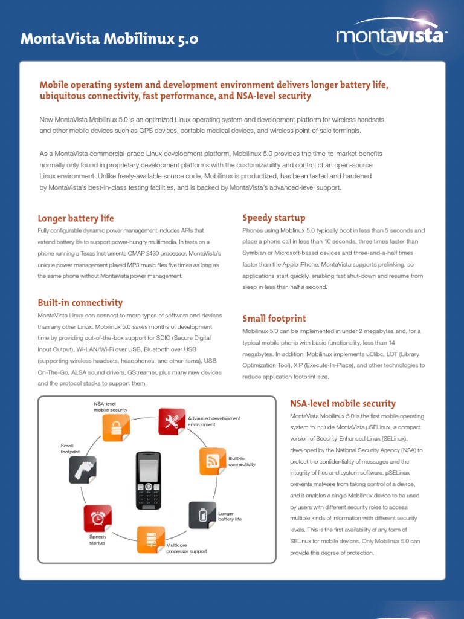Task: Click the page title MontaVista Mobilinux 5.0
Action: (x=109, y=40)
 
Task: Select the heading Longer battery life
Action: (x=76, y=218)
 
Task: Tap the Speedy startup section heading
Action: (x=274, y=218)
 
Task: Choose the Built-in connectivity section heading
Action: (x=80, y=303)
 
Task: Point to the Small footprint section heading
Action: (x=274, y=319)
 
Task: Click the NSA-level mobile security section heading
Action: (x=343, y=403)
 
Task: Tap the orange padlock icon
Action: (x=115, y=429)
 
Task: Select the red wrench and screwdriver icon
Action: (x=172, y=422)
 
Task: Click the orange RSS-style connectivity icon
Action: (x=213, y=461)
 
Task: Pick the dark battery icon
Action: (x=202, y=515)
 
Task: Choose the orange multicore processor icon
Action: (x=150, y=540)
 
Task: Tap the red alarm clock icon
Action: (x=97, y=518)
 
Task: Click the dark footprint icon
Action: (x=83, y=470)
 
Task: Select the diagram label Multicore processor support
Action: (x=187, y=548)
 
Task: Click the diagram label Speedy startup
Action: (x=97, y=540)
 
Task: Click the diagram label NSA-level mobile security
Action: (x=110, y=407)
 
